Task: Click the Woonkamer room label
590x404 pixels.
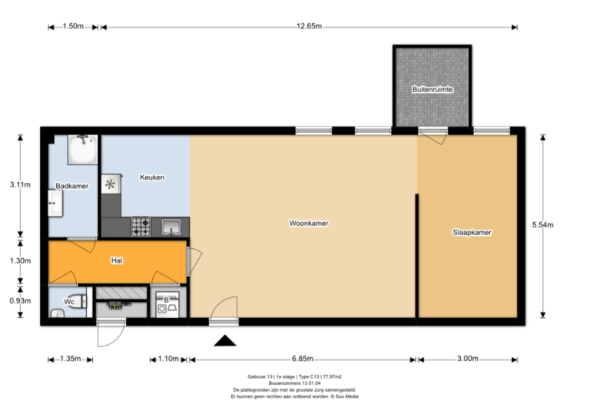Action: pyautogui.click(x=309, y=224)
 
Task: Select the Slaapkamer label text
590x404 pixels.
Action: pyautogui.click(x=472, y=232)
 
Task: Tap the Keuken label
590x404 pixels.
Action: pyautogui.click(x=152, y=177)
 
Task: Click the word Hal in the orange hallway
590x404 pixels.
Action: pyautogui.click(x=117, y=260)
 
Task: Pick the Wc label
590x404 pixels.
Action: pyautogui.click(x=69, y=302)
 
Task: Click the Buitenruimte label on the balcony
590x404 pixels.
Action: pyautogui.click(x=432, y=90)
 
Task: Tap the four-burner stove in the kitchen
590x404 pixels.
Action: pyautogui.click(x=141, y=227)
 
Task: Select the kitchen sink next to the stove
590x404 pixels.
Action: pyautogui.click(x=171, y=227)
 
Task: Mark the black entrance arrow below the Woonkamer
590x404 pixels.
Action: pyautogui.click(x=224, y=342)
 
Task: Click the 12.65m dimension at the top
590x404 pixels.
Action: pyautogui.click(x=309, y=27)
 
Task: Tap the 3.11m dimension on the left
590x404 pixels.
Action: pyautogui.click(x=20, y=184)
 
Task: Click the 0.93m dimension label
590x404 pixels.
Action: pyautogui.click(x=20, y=300)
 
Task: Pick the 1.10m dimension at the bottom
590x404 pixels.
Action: pyautogui.click(x=167, y=359)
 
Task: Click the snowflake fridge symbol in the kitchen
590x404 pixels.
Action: pyautogui.click(x=111, y=184)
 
